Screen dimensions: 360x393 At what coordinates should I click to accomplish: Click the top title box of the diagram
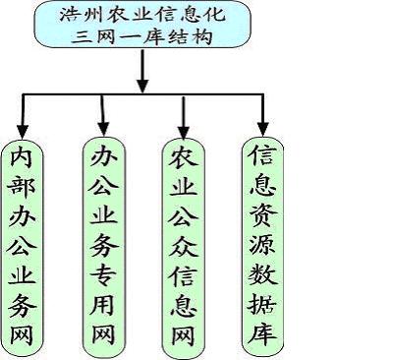143,27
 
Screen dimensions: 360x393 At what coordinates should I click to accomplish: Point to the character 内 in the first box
25,158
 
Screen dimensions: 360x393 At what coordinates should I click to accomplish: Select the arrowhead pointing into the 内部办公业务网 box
25,127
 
